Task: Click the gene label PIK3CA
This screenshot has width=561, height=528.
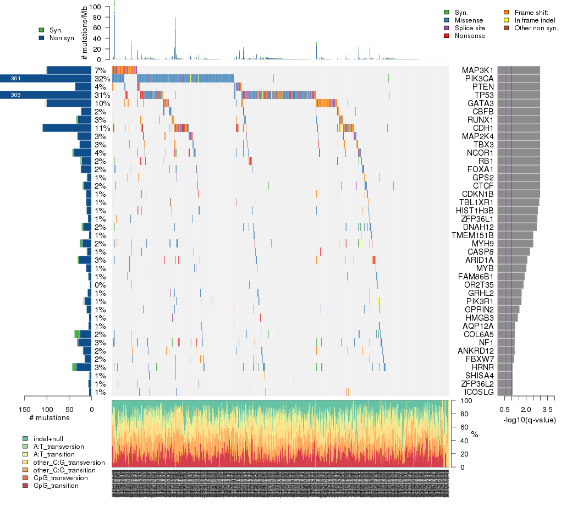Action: point(478,79)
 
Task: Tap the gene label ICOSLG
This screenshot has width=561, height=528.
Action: point(479,392)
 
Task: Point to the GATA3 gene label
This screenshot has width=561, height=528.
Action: point(481,103)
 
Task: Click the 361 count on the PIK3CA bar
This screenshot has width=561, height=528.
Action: point(15,79)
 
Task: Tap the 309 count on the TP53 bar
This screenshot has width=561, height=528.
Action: point(15,95)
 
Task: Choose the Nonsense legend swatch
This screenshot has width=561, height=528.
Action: point(446,36)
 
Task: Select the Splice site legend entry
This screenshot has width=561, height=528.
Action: point(468,28)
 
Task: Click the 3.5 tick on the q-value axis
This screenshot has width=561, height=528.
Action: point(547,410)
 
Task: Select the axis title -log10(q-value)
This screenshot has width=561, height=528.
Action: point(529,420)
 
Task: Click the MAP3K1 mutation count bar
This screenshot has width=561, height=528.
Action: point(69,70)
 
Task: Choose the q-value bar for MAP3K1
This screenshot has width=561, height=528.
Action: point(519,70)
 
